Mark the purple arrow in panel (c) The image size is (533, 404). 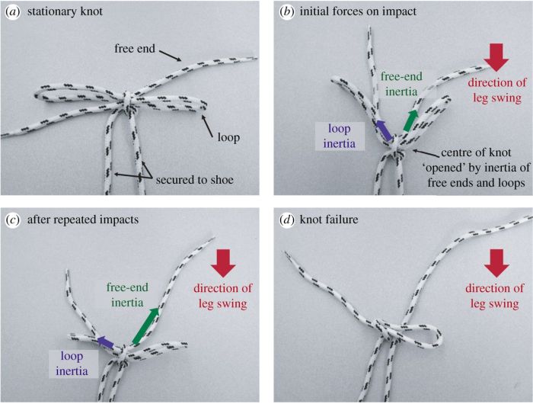[105, 344]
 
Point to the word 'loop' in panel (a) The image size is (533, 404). [227, 138]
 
